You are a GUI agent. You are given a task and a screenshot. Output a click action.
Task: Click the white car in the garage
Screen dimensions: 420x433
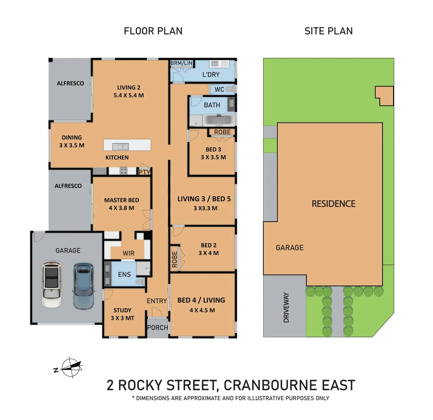point(51,284)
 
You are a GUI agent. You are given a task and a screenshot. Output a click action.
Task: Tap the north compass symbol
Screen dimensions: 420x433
point(70,367)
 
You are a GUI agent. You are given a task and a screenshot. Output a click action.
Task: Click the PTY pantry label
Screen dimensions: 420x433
point(144,172)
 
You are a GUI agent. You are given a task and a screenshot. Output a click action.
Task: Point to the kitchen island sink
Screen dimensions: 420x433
point(120,147)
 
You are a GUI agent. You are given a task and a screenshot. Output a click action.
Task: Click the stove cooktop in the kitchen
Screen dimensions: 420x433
point(124,171)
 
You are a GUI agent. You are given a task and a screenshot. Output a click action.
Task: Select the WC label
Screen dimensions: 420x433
point(219,89)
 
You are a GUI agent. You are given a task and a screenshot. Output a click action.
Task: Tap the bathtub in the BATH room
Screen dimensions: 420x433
point(219,120)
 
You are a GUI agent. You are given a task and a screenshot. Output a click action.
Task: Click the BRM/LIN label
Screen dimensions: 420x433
point(182,63)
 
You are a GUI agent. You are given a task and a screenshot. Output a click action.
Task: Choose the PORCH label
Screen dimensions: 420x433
point(157,327)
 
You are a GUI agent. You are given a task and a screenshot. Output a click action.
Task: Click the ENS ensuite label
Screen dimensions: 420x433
point(124,275)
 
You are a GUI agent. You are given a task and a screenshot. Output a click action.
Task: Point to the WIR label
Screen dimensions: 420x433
point(128,253)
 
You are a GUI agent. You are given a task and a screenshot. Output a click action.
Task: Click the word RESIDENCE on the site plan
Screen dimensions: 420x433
point(333,203)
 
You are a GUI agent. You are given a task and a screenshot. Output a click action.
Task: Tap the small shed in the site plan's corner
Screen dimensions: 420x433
point(384,95)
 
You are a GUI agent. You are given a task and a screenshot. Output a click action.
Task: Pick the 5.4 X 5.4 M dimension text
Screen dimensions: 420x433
point(128,95)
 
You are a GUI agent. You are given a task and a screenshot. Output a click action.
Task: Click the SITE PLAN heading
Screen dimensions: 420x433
point(328,31)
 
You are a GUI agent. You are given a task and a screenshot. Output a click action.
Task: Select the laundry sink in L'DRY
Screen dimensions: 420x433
point(215,64)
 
